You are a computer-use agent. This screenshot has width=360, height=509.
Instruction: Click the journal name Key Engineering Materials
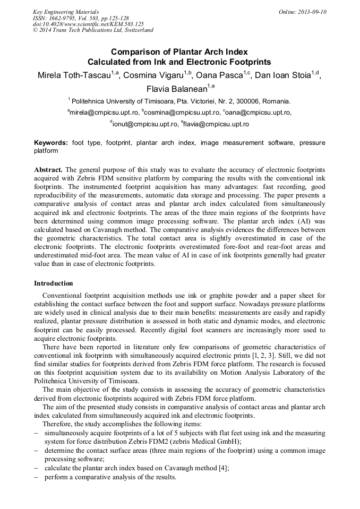point(66,11)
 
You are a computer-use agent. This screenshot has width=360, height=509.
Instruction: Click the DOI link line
point(88,24)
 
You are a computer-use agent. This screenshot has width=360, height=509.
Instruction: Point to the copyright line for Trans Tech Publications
point(93,30)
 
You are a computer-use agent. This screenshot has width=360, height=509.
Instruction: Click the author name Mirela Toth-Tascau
point(74,75)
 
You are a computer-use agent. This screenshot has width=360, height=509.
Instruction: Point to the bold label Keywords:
point(51,143)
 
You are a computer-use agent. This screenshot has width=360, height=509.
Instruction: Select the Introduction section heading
point(54,283)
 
